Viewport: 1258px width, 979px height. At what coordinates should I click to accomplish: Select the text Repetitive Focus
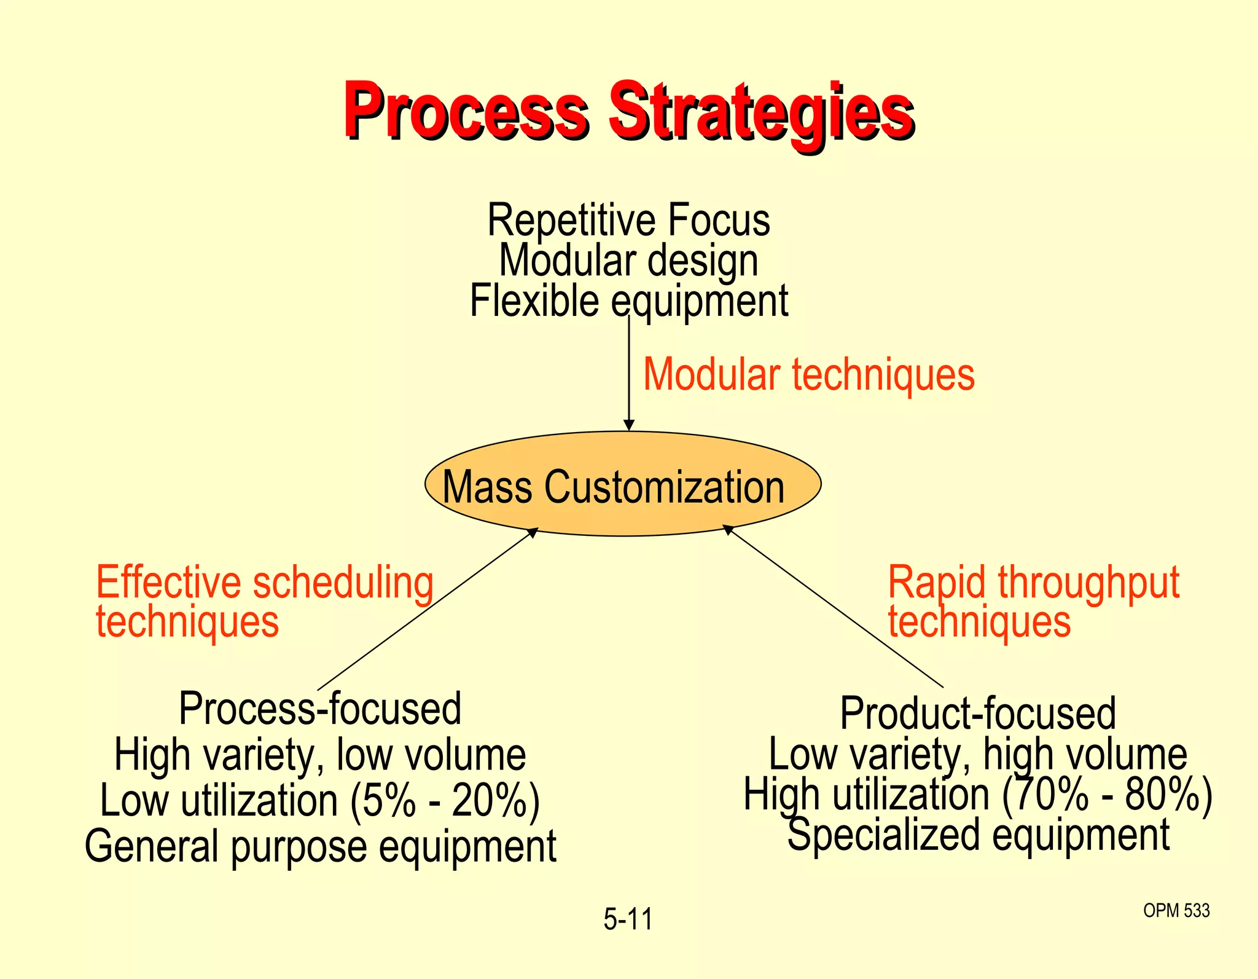pyautogui.click(x=628, y=220)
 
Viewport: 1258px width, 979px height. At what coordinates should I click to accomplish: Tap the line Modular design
pyautogui.click(x=628, y=261)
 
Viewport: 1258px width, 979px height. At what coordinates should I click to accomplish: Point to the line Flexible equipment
pyautogui.click(x=628, y=301)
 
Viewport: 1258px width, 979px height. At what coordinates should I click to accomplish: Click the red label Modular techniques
pyautogui.click(x=808, y=375)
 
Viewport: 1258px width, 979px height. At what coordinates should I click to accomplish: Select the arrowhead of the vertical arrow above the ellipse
pyautogui.click(x=628, y=425)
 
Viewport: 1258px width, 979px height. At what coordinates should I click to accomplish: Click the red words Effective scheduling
pyautogui.click(x=265, y=583)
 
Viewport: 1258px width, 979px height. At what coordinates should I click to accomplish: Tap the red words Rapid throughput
pyautogui.click(x=1033, y=583)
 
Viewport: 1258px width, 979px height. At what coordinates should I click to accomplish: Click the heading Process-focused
pyautogui.click(x=320, y=709)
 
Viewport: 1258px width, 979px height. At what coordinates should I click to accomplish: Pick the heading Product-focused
pyautogui.click(x=978, y=714)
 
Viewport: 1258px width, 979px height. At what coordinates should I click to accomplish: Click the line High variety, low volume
pyautogui.click(x=320, y=755)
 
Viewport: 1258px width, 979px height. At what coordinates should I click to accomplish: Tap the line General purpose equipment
pyautogui.click(x=320, y=846)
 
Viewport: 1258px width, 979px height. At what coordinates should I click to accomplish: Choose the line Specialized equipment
pyautogui.click(x=978, y=835)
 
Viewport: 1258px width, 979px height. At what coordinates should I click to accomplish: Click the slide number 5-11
pyautogui.click(x=628, y=919)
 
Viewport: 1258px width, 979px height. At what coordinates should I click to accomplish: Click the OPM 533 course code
pyautogui.click(x=1176, y=911)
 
